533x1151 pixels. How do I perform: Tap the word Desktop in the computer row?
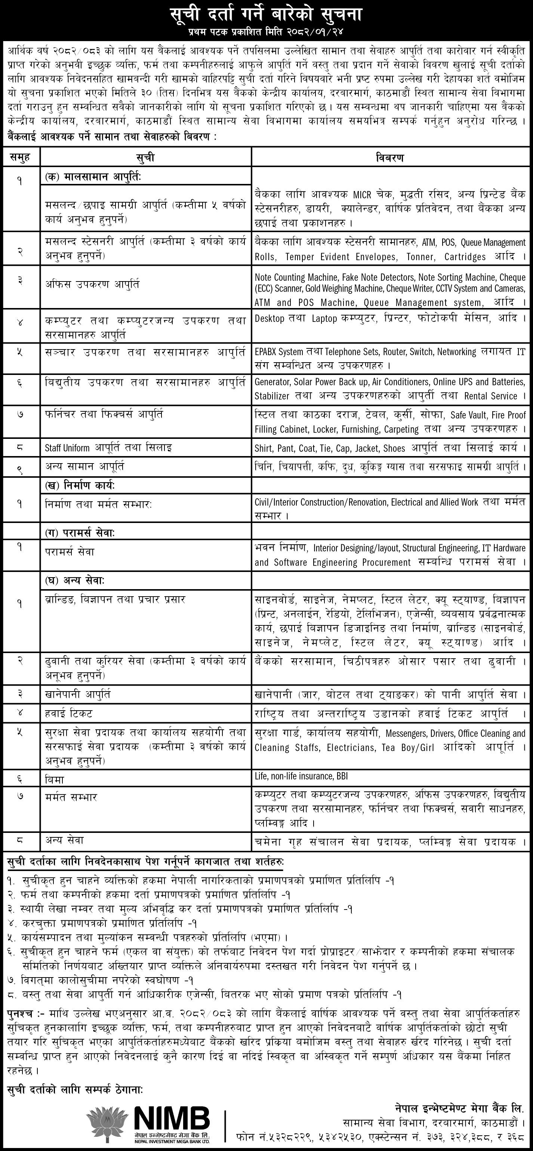coord(269,318)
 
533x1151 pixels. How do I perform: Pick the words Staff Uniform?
coord(67,448)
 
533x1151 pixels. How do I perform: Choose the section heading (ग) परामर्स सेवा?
coord(80,533)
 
